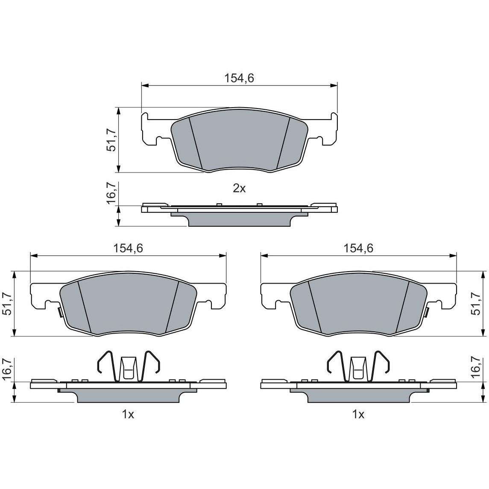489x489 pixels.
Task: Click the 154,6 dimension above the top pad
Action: (239, 78)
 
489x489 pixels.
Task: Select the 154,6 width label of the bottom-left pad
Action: (128, 248)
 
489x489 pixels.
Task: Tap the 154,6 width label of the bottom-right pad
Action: (358, 248)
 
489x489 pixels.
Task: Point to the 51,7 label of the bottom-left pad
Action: (8, 304)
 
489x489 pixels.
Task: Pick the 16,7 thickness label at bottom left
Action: (8, 369)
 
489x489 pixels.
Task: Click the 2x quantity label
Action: (239, 188)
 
